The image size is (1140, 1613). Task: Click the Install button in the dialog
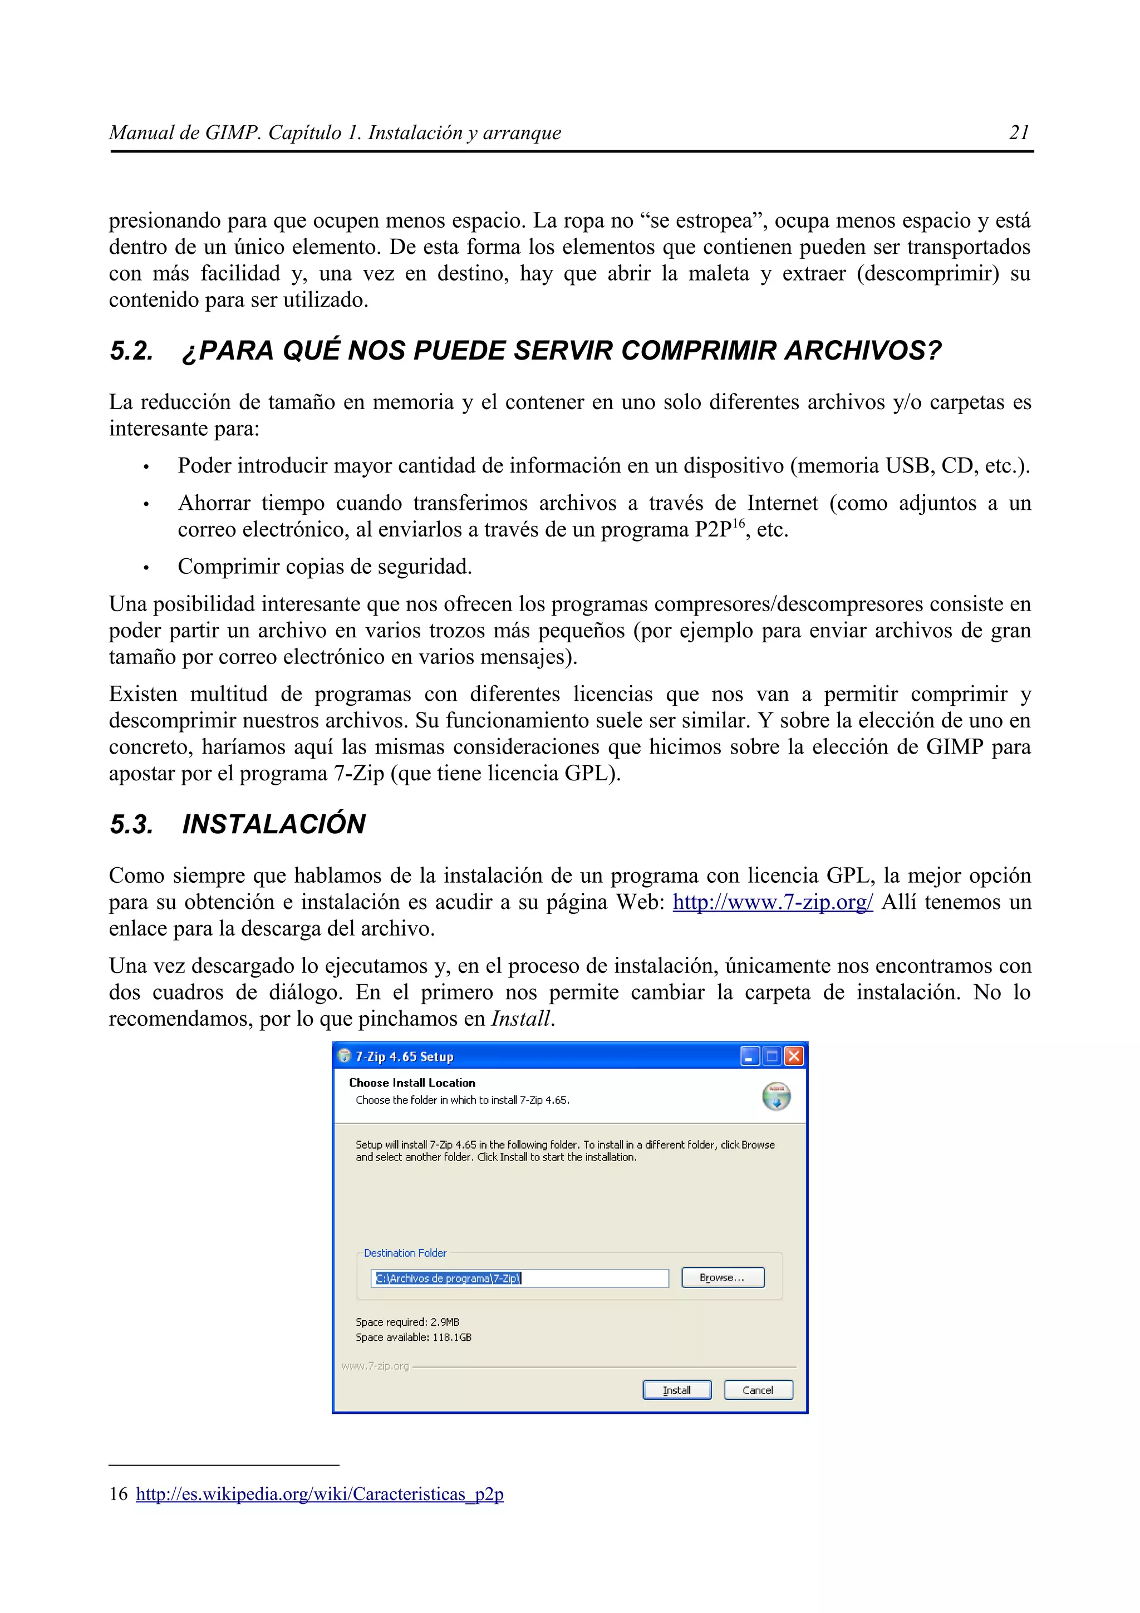pos(676,1390)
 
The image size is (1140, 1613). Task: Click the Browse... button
pos(722,1277)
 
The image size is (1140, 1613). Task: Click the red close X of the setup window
pos(793,1056)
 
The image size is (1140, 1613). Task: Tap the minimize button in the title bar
pos(749,1056)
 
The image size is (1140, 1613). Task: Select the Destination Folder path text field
pos(520,1278)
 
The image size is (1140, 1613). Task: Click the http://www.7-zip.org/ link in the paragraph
pos(772,902)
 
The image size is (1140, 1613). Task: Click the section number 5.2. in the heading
pos(131,351)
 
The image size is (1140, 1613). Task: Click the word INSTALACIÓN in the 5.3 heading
pos(274,824)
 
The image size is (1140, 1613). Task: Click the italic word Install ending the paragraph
pos(520,1019)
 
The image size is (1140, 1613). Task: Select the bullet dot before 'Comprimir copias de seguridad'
pos(145,567)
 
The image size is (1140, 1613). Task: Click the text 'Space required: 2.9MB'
pos(407,1321)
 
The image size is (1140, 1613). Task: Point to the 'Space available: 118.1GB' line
pos(413,1337)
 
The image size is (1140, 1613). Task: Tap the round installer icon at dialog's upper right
pos(775,1096)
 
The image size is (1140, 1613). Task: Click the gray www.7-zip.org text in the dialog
pos(375,1366)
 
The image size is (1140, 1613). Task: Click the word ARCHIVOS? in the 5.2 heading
pos(863,351)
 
